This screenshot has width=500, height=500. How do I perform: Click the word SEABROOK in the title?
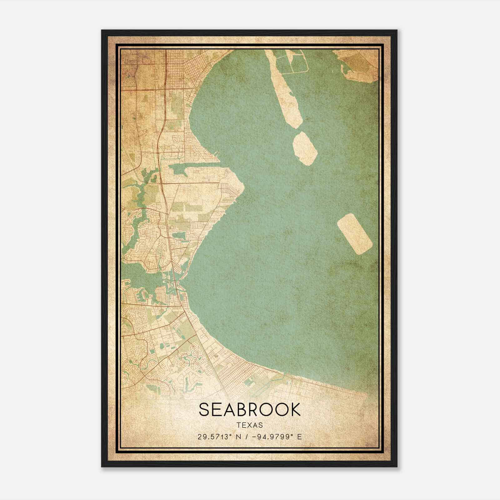(x=249, y=410)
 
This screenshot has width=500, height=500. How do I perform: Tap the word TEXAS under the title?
(x=249, y=425)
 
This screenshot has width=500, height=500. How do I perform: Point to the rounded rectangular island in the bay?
(x=355, y=234)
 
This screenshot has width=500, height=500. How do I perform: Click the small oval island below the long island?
(x=305, y=148)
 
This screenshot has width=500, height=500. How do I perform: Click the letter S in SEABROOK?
(x=204, y=410)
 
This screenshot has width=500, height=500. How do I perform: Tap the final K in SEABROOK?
(x=295, y=410)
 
